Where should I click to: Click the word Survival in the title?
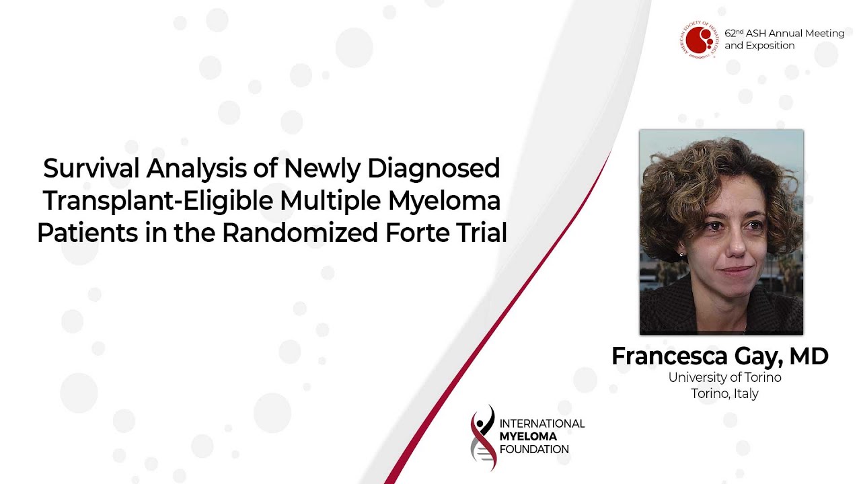pos(91,168)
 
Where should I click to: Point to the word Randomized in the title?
pos(300,233)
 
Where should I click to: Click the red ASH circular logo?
pos(699,40)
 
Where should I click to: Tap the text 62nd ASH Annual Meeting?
pos(784,34)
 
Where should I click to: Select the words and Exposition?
pos(759,46)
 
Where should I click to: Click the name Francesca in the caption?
pos(669,356)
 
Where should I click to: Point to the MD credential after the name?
pos(809,356)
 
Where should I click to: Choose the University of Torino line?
pos(724,378)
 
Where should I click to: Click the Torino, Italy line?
pos(724,394)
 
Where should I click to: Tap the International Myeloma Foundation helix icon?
pos(483,438)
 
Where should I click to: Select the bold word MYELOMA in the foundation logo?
pos(528,436)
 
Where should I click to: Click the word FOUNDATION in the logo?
pos(534,450)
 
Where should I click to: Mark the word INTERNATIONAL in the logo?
pos(542,424)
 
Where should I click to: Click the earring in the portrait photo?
pos(681,254)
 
